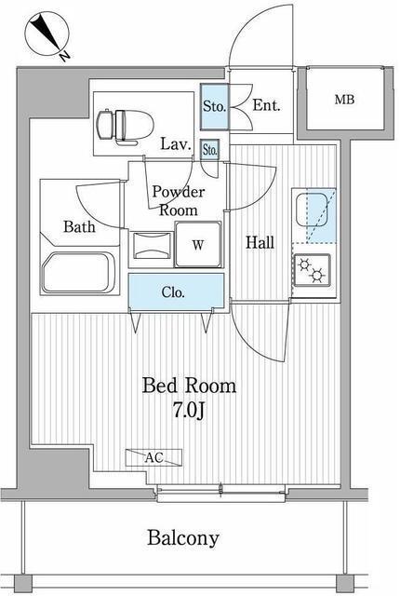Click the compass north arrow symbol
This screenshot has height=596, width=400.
47,34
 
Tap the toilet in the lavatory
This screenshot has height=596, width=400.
125,128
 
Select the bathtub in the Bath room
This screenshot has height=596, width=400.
78,273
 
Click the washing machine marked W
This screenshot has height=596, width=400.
198,244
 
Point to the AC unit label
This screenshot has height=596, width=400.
153,457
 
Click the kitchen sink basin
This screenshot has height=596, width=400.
312,210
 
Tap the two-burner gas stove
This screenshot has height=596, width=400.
312,269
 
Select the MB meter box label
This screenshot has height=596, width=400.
344,100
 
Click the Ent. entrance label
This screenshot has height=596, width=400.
266,105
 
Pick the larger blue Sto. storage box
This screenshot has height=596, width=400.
215,106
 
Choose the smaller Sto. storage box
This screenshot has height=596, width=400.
210,150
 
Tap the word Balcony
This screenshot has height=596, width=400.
183,538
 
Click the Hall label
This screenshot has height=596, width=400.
260,242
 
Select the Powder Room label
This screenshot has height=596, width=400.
179,201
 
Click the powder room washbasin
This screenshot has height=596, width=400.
151,245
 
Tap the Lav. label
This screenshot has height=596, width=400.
175,144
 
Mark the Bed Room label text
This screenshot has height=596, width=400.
189,386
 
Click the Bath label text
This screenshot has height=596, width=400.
79,226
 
